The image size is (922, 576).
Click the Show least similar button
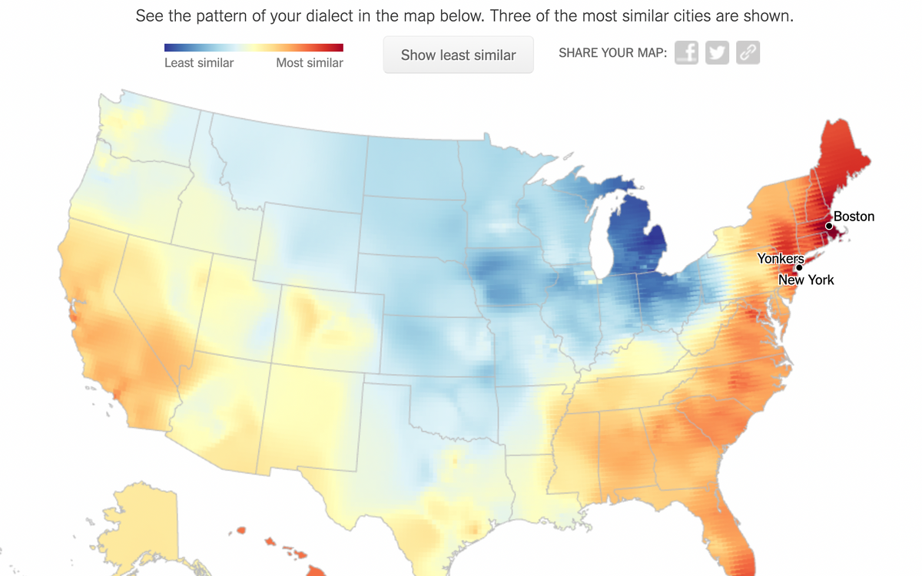pos(458,55)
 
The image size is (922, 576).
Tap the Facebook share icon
pos(686,53)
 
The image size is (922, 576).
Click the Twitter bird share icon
pos(717,53)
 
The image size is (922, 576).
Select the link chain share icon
pos(748,53)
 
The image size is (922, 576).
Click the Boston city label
pos(854,217)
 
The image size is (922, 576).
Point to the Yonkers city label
pos(780,259)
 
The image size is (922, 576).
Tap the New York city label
pos(806,280)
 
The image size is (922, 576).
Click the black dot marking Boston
pos(829,226)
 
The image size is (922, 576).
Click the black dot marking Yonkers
pos(799,267)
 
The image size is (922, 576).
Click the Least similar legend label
pos(199,63)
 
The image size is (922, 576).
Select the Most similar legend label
pos(309,63)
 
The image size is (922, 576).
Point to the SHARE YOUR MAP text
pos(612,53)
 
